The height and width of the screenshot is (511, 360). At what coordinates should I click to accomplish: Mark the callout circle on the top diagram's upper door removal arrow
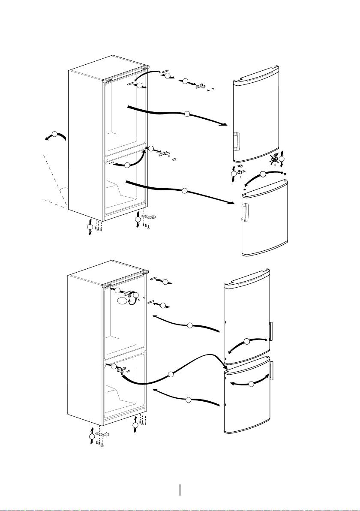click(x=186, y=114)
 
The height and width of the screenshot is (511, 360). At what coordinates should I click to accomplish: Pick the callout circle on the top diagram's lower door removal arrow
click(x=184, y=190)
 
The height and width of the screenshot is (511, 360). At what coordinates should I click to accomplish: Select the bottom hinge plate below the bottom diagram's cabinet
click(x=104, y=435)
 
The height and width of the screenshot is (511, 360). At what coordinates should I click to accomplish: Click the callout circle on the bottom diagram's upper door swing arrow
click(x=246, y=342)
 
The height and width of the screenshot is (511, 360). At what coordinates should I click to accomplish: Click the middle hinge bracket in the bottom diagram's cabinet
click(x=122, y=370)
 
